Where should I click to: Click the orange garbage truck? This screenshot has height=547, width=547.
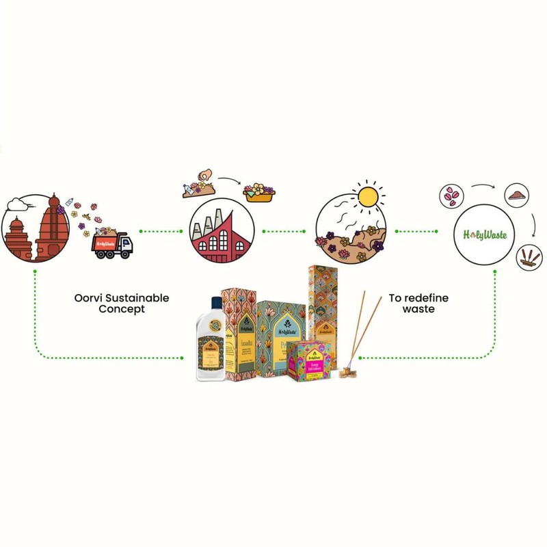(113, 245)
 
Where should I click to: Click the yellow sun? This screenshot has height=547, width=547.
(367, 196)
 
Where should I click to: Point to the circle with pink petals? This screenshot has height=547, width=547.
(451, 196)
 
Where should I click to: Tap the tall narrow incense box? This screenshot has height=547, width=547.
(323, 301)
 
